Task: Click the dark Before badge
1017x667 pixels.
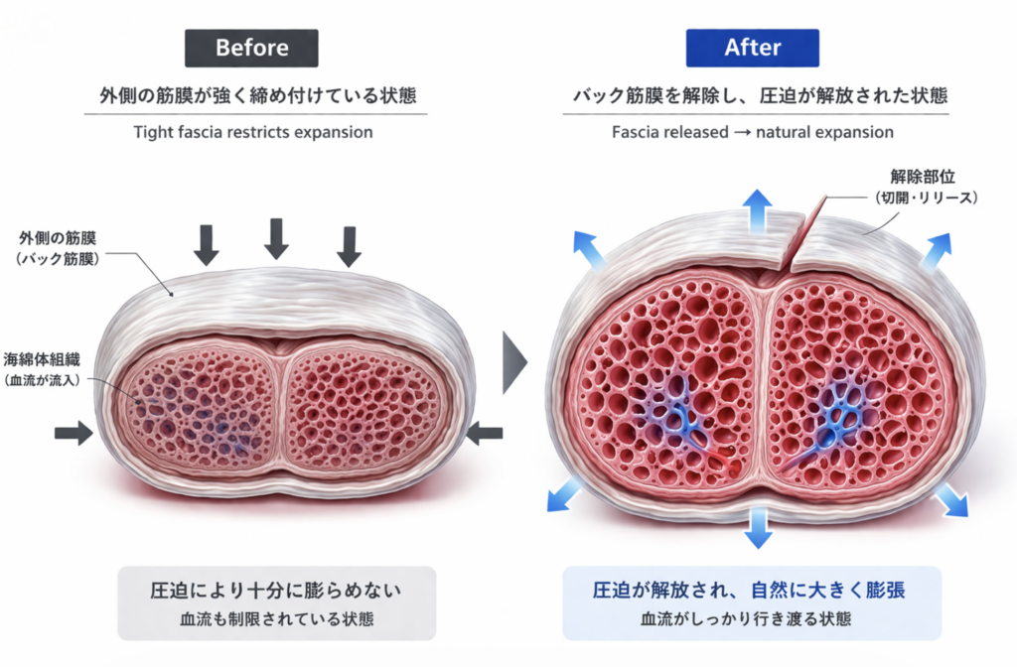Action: [x=252, y=48]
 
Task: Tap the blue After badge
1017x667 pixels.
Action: [x=752, y=48]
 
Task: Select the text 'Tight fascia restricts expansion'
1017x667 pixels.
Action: [x=253, y=132]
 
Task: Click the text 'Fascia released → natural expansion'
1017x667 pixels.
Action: [x=753, y=132]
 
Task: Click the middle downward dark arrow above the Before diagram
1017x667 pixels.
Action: [x=276, y=237]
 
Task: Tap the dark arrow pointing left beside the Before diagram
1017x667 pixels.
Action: [x=485, y=433]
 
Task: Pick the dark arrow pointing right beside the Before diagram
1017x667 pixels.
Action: [x=73, y=432]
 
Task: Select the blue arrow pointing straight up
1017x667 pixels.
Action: [x=758, y=209]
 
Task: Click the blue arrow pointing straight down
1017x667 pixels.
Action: [x=759, y=527]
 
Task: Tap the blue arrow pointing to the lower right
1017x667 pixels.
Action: [x=952, y=501]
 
